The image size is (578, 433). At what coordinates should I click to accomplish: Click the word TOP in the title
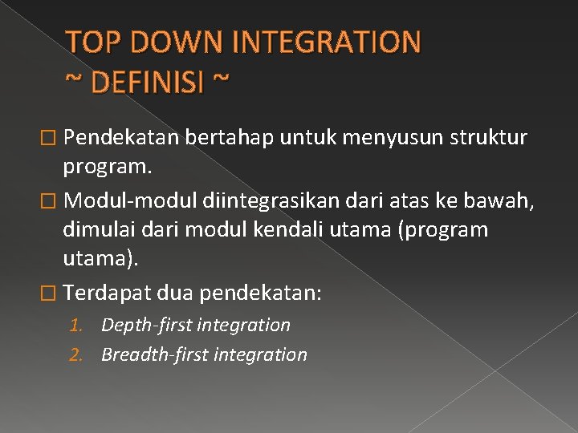90,42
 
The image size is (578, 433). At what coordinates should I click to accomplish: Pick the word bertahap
230,138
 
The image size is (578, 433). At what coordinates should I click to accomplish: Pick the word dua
175,292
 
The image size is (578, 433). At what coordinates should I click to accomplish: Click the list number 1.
76,326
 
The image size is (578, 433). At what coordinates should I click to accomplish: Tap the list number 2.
76,354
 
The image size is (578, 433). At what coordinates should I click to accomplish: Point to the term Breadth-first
153,354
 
